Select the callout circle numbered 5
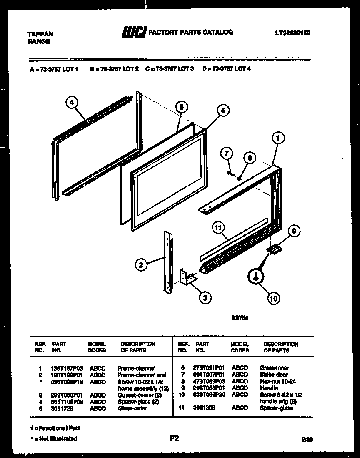(x=222, y=111)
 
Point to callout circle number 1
(x=278, y=137)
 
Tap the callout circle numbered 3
(x=205, y=297)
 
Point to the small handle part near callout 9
(x=273, y=249)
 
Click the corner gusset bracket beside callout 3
(x=186, y=277)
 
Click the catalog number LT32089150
(x=292, y=33)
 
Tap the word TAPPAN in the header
(x=40, y=34)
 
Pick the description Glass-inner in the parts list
(x=274, y=368)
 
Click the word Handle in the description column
(x=269, y=388)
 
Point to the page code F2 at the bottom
(x=174, y=438)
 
